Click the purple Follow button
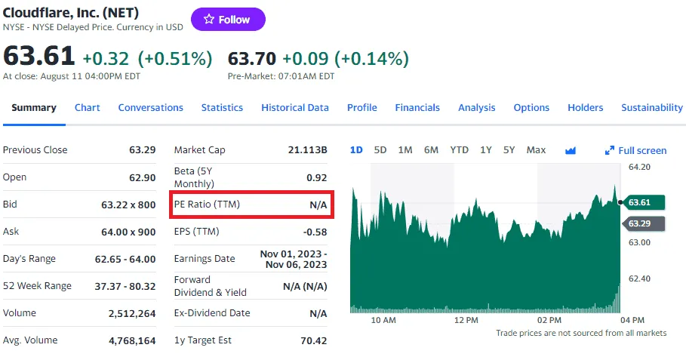coord(228,20)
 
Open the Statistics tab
coord(222,108)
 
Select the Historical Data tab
coord(295,108)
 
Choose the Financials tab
coord(417,108)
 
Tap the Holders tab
coord(586,108)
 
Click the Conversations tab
coord(151,108)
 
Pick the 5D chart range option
coord(380,150)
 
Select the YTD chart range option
coord(460,150)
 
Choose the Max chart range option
coord(536,150)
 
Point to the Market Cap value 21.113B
coord(308,150)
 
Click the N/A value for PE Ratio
coord(318,205)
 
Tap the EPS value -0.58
coord(315,232)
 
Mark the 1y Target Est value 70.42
coord(313,340)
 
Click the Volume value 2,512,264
coord(132,313)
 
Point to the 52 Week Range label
coord(37,286)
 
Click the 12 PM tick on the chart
coord(466,321)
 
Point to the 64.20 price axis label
coord(639,167)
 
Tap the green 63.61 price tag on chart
coord(644,202)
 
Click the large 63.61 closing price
coord(39,57)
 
